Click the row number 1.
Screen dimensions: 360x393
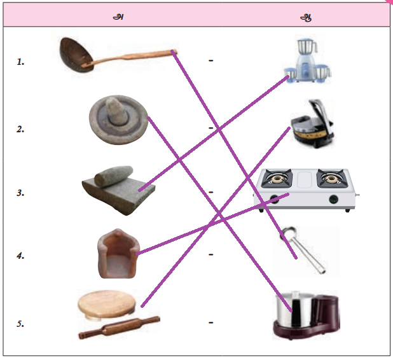20,62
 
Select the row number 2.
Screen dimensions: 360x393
20,128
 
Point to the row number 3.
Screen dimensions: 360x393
20,193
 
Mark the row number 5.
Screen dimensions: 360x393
20,323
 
